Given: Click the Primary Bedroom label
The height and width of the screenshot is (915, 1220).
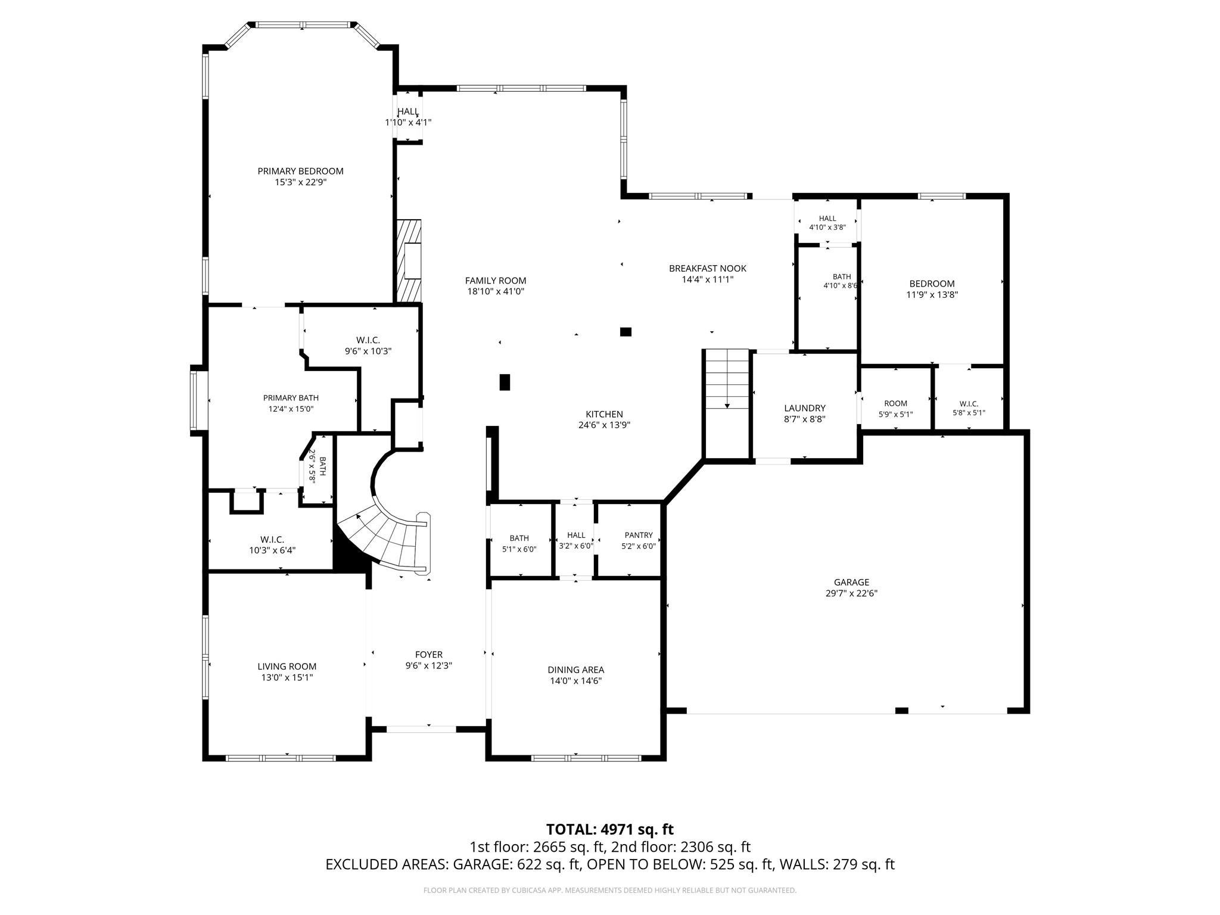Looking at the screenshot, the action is [x=300, y=171].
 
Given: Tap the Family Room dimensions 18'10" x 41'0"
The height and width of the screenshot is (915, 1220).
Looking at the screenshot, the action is [x=496, y=292].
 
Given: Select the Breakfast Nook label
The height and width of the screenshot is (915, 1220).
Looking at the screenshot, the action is [x=708, y=269].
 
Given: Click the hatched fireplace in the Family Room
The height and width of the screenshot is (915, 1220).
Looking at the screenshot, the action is [x=408, y=262].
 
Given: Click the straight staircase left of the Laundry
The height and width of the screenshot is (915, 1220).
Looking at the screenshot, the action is [x=727, y=379].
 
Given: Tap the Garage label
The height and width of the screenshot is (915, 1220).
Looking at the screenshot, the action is [x=851, y=583].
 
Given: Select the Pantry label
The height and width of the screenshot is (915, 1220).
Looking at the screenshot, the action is [x=639, y=536].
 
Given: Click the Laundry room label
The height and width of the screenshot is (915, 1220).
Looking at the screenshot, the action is [x=805, y=408].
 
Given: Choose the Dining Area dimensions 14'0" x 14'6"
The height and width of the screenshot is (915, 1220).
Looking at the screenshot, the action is [x=576, y=681].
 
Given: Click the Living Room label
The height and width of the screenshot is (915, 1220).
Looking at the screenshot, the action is [x=287, y=667].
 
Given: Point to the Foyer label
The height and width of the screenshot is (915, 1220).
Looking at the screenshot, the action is [x=429, y=655].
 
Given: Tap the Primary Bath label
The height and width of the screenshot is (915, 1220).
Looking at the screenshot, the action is [x=291, y=398].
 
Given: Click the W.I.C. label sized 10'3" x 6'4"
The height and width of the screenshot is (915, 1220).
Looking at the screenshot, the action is [x=272, y=540].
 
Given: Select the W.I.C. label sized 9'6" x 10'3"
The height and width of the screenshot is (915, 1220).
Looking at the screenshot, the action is [x=368, y=340].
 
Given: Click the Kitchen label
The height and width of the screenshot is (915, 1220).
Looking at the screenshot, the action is [x=604, y=415].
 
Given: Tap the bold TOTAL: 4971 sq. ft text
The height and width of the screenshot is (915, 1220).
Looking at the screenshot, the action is [x=610, y=829].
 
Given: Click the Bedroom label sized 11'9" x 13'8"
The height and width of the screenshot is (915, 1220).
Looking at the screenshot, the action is [x=932, y=284].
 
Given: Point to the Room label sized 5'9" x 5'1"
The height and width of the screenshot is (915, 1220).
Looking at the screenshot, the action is [x=895, y=403].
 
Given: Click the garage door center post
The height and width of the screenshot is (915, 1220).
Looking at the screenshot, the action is [x=902, y=710].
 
